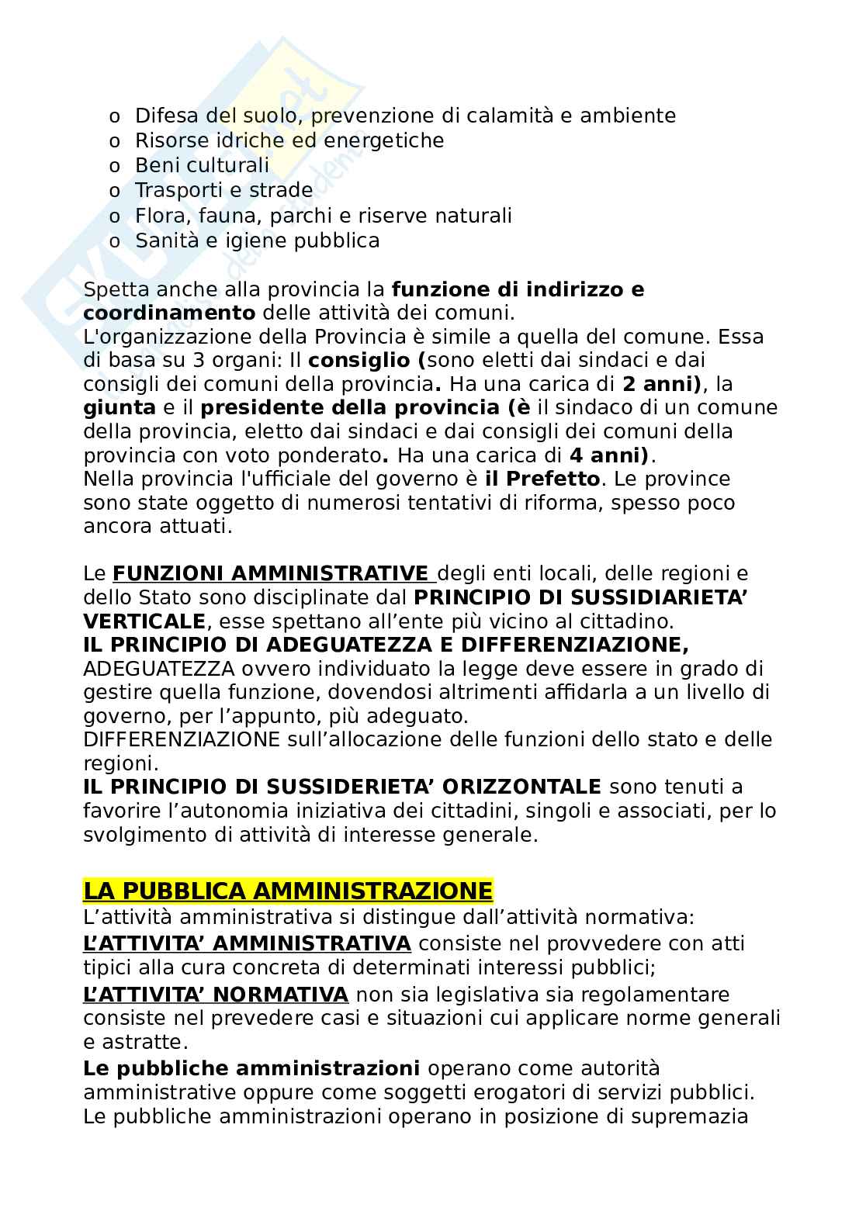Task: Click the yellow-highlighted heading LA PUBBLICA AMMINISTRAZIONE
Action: click(x=287, y=891)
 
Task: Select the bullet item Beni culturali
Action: click(x=202, y=165)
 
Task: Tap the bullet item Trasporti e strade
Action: click(x=223, y=190)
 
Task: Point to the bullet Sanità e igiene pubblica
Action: click(x=257, y=241)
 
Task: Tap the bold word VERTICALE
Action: click(x=144, y=621)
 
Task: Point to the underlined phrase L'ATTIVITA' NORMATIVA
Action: click(x=215, y=995)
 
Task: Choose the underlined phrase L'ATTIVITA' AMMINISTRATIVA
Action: click(x=247, y=943)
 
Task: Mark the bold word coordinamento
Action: click(x=169, y=313)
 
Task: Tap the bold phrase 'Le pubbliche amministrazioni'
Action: click(x=251, y=1068)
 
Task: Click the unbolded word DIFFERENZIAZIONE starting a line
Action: click(x=181, y=739)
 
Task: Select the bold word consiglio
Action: click(x=358, y=361)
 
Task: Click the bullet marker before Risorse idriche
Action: click(x=115, y=141)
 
